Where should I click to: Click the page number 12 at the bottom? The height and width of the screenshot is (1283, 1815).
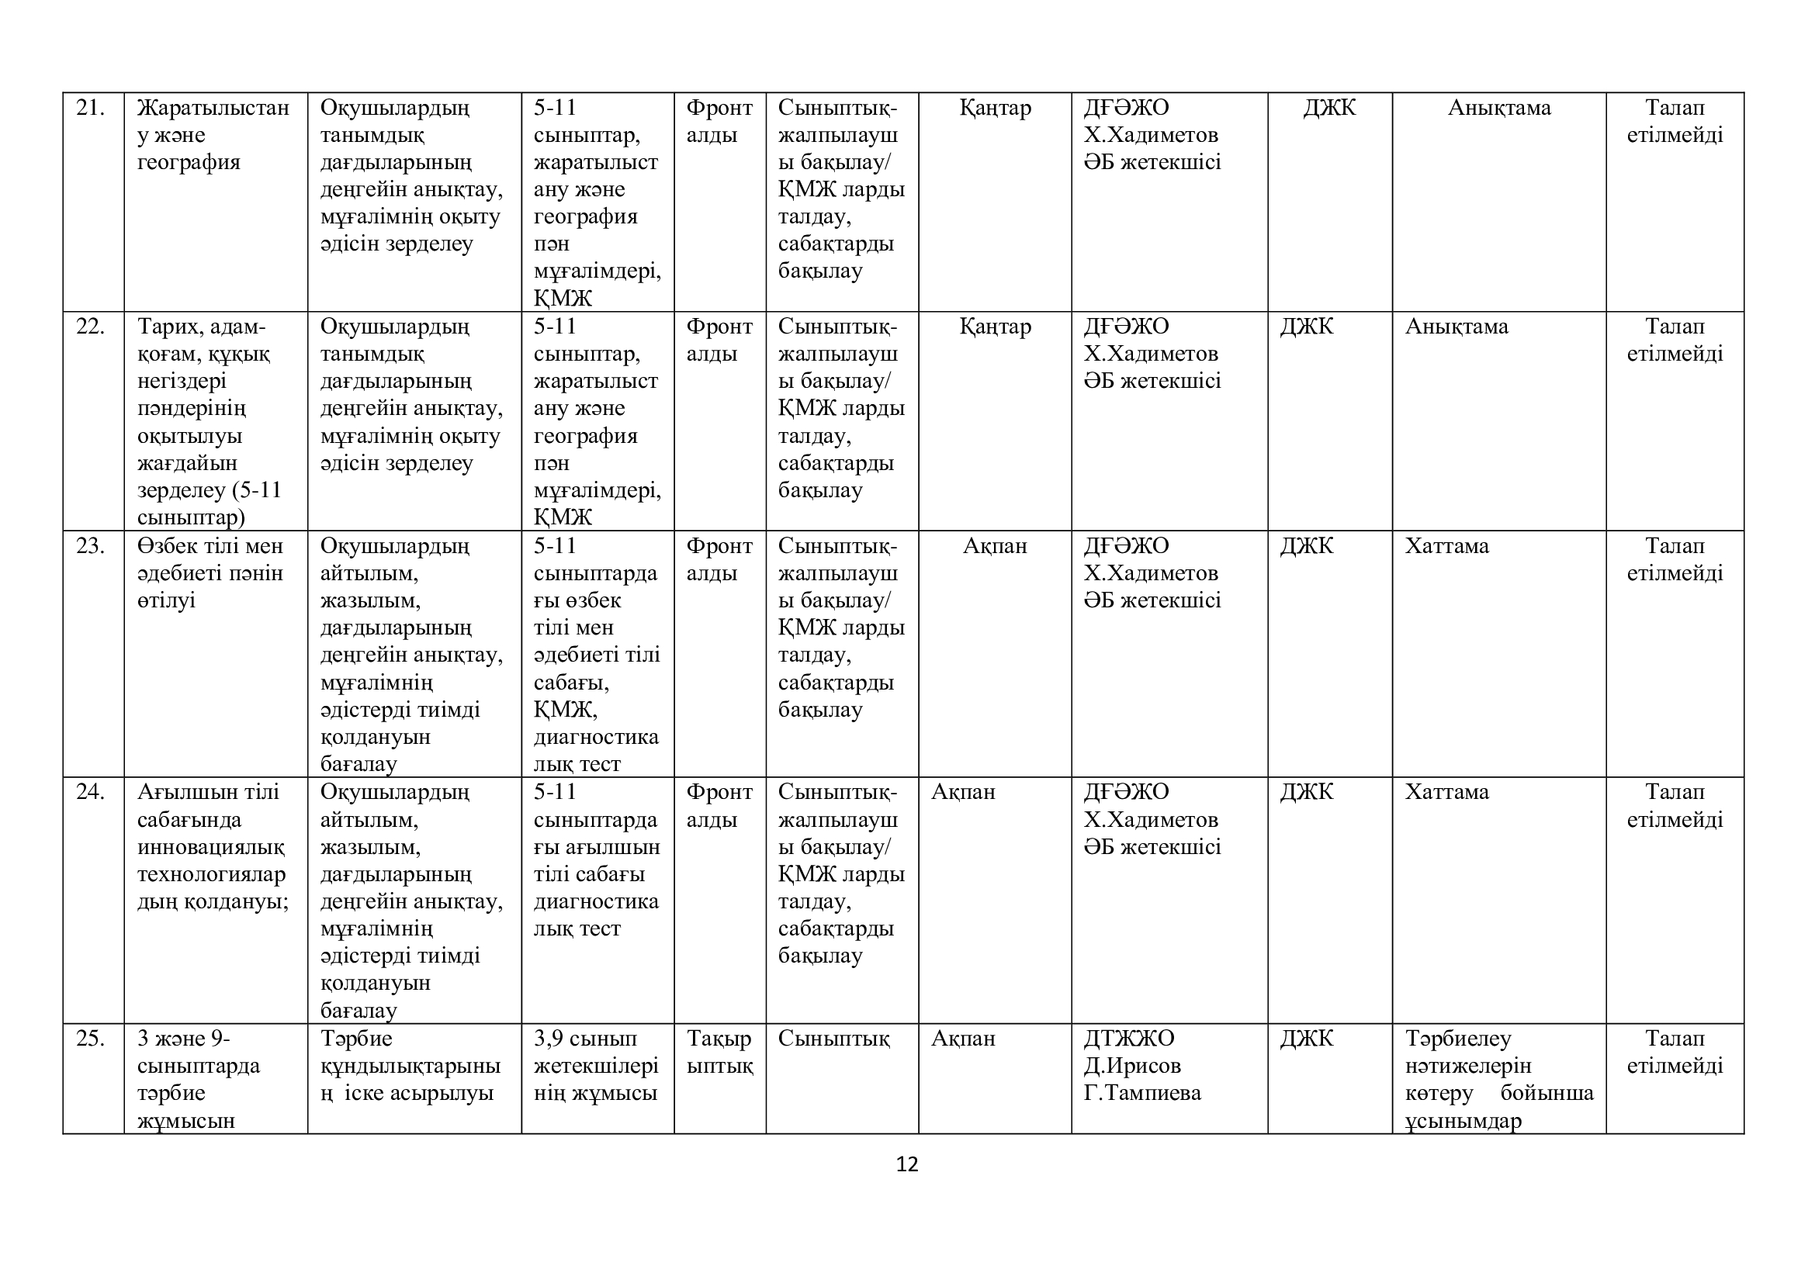pyautogui.click(x=906, y=1164)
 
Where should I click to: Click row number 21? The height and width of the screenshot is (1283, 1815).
pyautogui.click(x=90, y=109)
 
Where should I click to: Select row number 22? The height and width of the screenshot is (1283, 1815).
pyautogui.click(x=90, y=327)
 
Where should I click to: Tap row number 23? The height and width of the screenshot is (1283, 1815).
pyautogui.click(x=90, y=547)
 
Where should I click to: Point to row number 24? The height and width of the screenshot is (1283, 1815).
pyautogui.click(x=90, y=793)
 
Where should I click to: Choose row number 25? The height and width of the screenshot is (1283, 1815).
pyautogui.click(x=90, y=1039)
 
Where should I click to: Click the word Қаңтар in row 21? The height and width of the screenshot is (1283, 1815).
pyautogui.click(x=995, y=109)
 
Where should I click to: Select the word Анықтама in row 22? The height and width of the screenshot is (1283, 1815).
pyautogui.click(x=1456, y=327)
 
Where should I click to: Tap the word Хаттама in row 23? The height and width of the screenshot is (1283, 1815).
pyautogui.click(x=1446, y=547)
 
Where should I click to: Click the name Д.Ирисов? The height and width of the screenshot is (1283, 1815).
pyautogui.click(x=1132, y=1067)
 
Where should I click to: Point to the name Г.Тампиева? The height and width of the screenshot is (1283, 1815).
pyautogui.click(x=1142, y=1094)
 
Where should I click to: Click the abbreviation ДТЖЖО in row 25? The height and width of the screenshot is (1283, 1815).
pyautogui.click(x=1129, y=1039)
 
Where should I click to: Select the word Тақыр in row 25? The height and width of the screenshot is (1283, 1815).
pyautogui.click(x=719, y=1039)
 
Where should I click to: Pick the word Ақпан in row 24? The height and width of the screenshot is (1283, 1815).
pyautogui.click(x=963, y=793)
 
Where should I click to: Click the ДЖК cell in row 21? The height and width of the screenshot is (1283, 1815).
pyautogui.click(x=1330, y=109)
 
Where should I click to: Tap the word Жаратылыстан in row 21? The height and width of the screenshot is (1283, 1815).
pyautogui.click(x=213, y=109)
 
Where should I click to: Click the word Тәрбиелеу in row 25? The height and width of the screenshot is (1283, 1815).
pyautogui.click(x=1458, y=1039)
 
